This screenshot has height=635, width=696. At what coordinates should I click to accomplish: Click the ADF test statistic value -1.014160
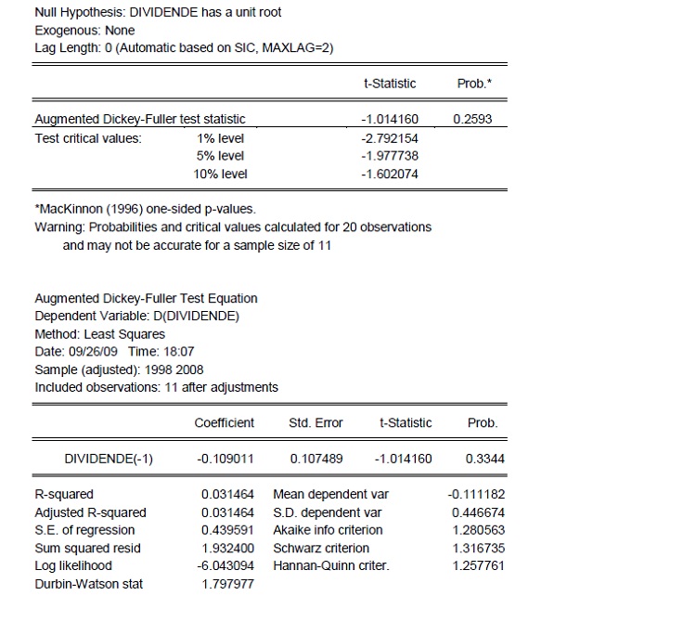tap(388, 119)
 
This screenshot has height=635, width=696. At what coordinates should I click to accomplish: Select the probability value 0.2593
tap(474, 119)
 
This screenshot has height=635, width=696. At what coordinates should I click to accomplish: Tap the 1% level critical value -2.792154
tap(388, 137)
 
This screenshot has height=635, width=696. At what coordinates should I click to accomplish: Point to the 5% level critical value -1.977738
tap(388, 155)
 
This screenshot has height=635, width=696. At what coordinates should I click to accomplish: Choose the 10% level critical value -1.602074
tap(388, 174)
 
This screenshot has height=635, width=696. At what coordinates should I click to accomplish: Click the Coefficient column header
tap(224, 422)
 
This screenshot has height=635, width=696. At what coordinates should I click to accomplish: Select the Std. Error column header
tap(316, 422)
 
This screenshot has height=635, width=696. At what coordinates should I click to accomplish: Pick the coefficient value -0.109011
tap(226, 458)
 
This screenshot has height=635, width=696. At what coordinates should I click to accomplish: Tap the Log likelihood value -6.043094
tap(226, 565)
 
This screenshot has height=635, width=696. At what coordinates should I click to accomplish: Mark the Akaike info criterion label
tap(328, 530)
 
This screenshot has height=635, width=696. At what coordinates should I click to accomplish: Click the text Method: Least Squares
tap(99, 333)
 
